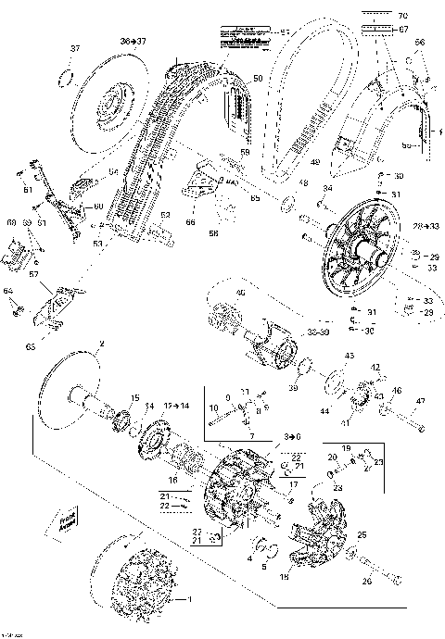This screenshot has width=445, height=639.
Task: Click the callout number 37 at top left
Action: coord(75,48)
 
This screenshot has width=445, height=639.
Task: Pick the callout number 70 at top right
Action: coord(401,17)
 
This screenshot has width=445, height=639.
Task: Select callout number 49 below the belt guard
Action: coord(315,164)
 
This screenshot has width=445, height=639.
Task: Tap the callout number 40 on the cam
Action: coord(241,294)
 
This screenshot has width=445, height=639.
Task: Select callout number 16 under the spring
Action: coord(172,480)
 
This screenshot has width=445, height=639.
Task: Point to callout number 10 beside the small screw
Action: coord(212,407)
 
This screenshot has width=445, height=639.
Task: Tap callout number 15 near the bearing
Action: coord(133,397)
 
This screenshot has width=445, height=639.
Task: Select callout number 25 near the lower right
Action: coord(388,535)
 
